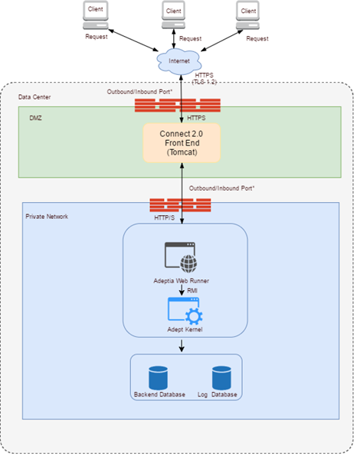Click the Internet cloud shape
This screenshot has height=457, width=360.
click(178, 61)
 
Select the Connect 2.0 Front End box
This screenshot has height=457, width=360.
click(182, 143)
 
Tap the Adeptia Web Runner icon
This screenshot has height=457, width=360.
click(181, 257)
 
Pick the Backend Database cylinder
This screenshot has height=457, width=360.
click(158, 378)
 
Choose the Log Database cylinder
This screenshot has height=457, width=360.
click(221, 378)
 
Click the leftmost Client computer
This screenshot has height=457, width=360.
click(96, 15)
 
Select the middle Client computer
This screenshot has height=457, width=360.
click(174, 15)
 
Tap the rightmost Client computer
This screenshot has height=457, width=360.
click(247, 15)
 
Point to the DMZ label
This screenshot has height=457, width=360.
click(35, 118)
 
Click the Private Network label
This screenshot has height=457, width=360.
click(47, 217)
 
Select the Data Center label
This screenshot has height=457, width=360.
click(34, 97)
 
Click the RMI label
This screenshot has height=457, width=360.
click(192, 291)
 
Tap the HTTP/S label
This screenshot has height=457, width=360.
click(165, 217)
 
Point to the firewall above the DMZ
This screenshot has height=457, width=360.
click(178, 105)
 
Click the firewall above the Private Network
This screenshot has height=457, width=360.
click(180, 205)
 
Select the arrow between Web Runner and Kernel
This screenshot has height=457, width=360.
click(182, 290)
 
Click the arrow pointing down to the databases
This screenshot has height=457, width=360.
click(182, 346)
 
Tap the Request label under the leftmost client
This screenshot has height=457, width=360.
click(97, 37)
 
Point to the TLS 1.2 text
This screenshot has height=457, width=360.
click(205, 82)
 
